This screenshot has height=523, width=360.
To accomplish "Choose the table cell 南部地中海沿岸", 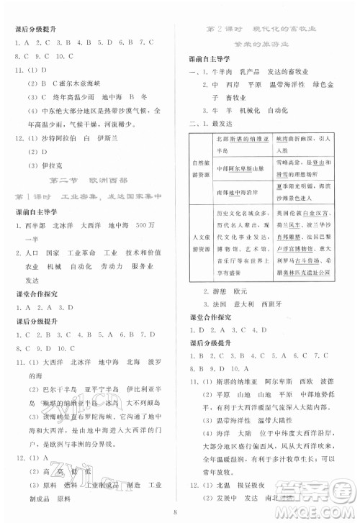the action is pos(237,193).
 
